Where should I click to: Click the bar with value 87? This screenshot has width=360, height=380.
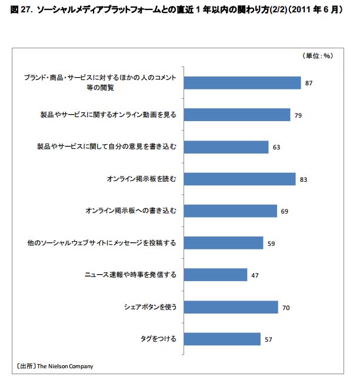coord(243,83)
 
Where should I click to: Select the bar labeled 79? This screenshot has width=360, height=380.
coord(238,115)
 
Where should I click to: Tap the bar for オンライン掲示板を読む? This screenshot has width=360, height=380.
coord(240,179)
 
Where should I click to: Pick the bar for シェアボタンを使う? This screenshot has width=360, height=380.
coord(231,307)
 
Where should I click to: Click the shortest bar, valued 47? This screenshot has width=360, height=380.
coord(216,275)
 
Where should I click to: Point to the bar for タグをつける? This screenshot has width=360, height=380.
coord(222,339)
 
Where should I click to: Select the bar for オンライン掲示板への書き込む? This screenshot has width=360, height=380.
coord(231,211)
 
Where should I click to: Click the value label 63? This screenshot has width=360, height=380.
coord(276,148)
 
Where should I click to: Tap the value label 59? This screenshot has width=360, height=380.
coord(271,244)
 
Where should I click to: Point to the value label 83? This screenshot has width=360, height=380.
coord(304,179)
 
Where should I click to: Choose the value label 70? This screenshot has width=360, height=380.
coord(286,308)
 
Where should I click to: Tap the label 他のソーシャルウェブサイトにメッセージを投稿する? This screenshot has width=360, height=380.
coord(102,243)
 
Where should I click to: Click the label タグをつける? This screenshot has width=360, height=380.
coord(158,339)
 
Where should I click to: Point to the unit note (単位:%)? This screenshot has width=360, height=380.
coord(318,56)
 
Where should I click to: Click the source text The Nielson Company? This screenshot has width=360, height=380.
coord(65,366)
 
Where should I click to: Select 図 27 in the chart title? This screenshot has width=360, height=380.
coord(21,11)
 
